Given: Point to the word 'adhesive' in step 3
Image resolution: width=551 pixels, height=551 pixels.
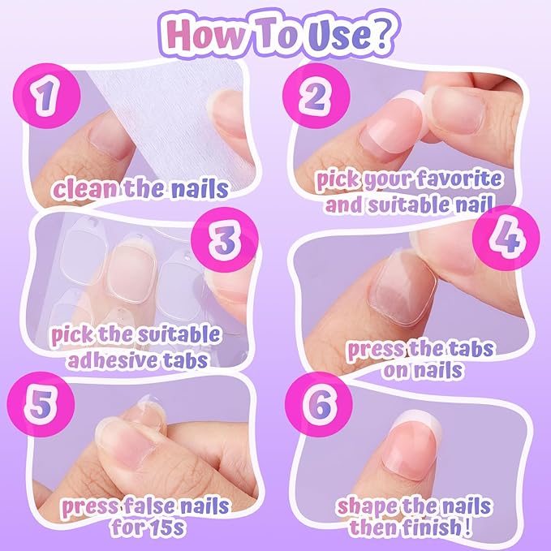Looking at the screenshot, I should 92,358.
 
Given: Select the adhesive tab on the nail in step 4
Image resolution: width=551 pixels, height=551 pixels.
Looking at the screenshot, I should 392,293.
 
